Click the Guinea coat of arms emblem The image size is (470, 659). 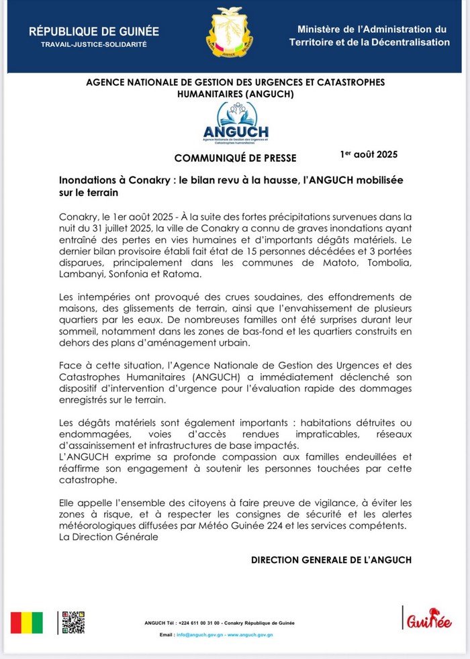click(x=230, y=32)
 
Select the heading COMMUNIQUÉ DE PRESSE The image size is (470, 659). click(x=235, y=158)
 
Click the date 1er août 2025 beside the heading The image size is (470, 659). click(x=369, y=154)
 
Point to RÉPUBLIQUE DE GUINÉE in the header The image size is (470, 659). click(x=94, y=32)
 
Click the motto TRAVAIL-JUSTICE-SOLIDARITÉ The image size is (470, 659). click(x=94, y=44)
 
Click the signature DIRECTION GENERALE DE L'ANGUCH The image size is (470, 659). click(x=331, y=560)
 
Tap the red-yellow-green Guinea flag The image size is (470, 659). click(x=27, y=623)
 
